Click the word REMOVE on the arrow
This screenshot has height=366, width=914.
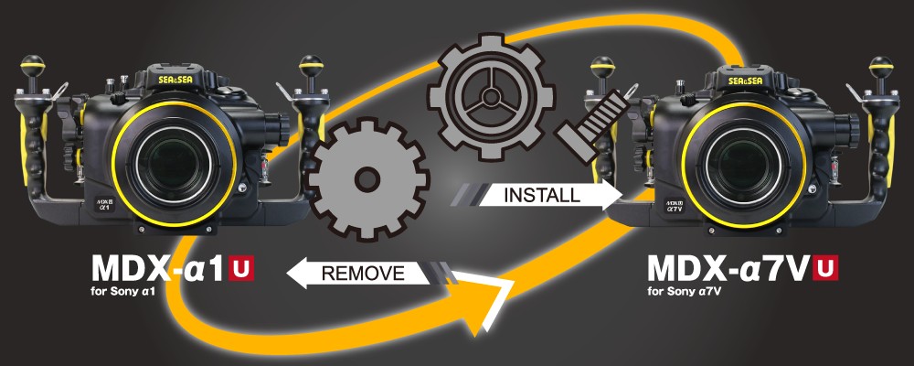[x=362, y=272]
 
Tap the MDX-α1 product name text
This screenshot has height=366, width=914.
[x=159, y=269]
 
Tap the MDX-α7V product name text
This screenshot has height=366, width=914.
[x=728, y=269]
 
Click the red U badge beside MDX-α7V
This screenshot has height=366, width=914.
[x=826, y=268]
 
